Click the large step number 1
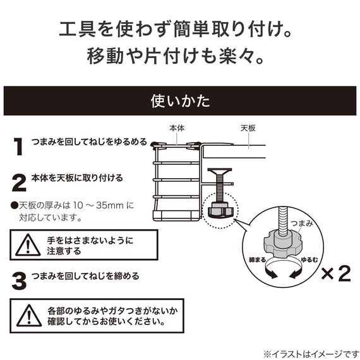18,147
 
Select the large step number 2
19,183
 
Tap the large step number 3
20,280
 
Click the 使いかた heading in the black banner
180,101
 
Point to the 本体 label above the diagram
177,128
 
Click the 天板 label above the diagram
248,128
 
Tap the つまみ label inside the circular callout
301,223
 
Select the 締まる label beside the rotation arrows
258,260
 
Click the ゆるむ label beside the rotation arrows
309,260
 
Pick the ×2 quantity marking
336,273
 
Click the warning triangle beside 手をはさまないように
28,245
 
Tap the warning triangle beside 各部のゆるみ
29,315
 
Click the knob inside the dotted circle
220,210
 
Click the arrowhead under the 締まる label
272,274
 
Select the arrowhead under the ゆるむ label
294,274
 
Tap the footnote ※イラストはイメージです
311,354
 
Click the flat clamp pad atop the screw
220,171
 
